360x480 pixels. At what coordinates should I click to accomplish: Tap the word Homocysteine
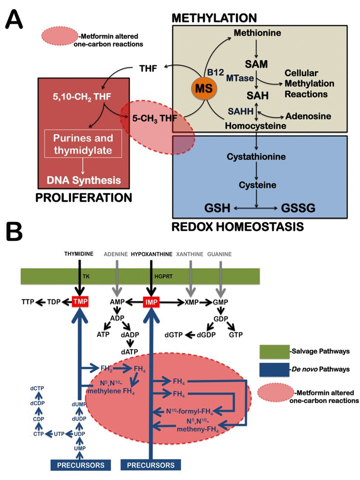click(256, 127)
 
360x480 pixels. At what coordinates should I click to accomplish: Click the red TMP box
click(79, 300)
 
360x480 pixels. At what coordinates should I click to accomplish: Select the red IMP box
click(150, 300)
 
